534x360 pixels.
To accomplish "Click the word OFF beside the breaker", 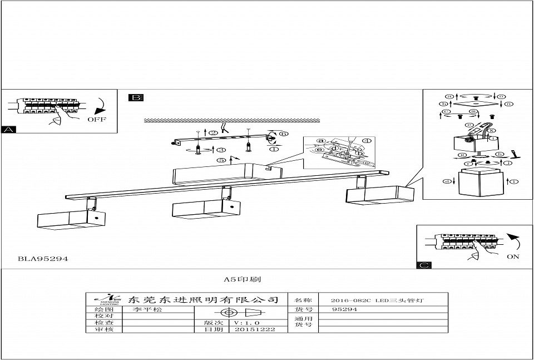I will [96, 120].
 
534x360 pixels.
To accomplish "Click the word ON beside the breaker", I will [513, 257].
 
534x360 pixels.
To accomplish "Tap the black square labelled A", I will [9, 130].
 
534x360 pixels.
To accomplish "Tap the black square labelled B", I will [136, 98].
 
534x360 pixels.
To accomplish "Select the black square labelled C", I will [424, 265].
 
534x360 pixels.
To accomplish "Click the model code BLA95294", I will [42, 259].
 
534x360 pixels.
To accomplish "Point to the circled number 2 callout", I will [213, 132].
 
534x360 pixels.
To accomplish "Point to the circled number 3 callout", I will [221, 150].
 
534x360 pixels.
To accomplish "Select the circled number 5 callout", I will [221, 160].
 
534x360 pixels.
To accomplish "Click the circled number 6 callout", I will [283, 134].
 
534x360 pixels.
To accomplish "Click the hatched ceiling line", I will [231, 120].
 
